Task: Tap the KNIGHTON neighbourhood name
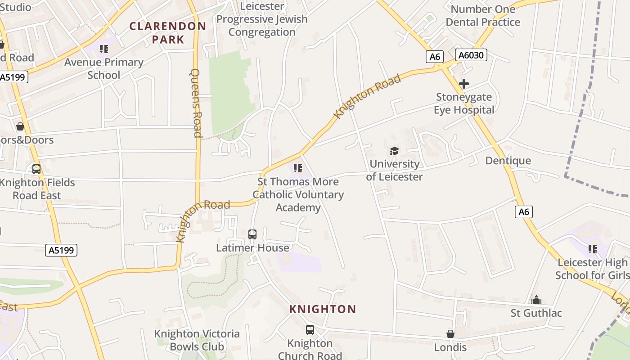click(323, 309)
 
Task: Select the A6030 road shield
click(471, 55)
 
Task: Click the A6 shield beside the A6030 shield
click(434, 57)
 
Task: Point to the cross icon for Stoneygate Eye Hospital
click(463, 84)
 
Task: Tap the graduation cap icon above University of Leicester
click(394, 151)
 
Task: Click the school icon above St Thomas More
click(297, 168)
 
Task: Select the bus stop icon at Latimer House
click(252, 234)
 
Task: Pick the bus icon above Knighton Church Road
click(310, 330)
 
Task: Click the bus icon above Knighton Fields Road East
click(36, 169)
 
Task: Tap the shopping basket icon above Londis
click(450, 334)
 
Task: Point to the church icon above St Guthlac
click(536, 300)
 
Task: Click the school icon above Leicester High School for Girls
click(592, 249)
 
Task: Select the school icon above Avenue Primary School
click(104, 49)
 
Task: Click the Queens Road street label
click(196, 103)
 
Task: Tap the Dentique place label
click(508, 161)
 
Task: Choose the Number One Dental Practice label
click(483, 15)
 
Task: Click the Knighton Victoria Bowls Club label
click(197, 340)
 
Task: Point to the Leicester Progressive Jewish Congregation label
click(262, 19)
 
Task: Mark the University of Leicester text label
click(394, 170)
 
